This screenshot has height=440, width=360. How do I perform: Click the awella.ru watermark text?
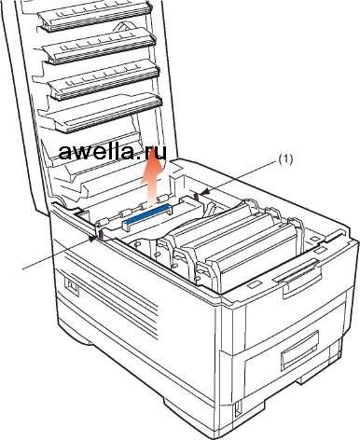112,151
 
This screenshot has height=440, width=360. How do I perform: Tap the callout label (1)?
285,159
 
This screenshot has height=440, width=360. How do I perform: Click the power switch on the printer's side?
72,287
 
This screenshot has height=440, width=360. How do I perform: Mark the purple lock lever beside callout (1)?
197,196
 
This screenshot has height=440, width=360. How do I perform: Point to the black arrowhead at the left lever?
92,239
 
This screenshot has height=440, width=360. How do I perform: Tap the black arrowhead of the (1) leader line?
205,194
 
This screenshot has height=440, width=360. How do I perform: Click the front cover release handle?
297,275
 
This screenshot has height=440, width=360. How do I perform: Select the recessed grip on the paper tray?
300,351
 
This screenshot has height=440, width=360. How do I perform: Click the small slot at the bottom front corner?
237,408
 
